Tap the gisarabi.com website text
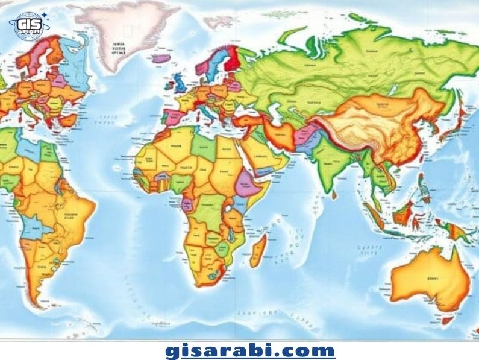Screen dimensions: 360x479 coord(249,350)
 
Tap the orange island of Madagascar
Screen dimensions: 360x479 coord(258,250)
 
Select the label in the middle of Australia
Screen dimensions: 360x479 coord(431,279)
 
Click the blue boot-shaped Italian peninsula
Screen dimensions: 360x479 coord(208,112)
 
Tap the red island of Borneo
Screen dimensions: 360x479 coord(402,214)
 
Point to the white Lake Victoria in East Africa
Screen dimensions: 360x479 coord(230,210)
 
